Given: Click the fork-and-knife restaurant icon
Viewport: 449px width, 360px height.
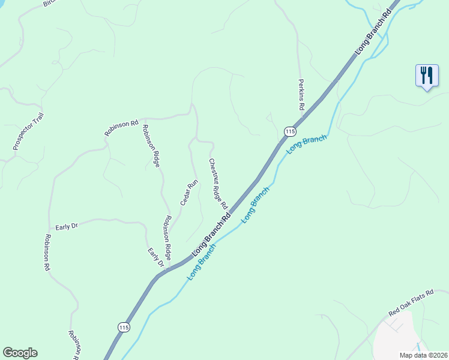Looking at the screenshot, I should (x=426, y=76).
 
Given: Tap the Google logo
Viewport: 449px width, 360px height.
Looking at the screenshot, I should (x=20, y=352).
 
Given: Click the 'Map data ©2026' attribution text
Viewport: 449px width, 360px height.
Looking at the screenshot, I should (x=423, y=355).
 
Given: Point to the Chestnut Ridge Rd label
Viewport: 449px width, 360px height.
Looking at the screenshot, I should (x=218, y=184).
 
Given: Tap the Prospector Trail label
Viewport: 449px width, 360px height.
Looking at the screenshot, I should (x=29, y=131).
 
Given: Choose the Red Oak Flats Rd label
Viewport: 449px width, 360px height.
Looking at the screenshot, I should (x=411, y=304).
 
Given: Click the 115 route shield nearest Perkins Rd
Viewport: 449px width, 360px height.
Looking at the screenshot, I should (x=290, y=131).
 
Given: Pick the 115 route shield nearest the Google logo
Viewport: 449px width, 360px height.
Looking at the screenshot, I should (x=124, y=327).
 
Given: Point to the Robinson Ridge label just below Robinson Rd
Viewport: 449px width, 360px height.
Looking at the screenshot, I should (x=151, y=146).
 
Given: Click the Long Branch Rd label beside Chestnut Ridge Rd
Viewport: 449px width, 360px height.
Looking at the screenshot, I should (x=211, y=238).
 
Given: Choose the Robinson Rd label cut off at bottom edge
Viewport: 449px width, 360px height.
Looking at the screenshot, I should (x=74, y=346).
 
